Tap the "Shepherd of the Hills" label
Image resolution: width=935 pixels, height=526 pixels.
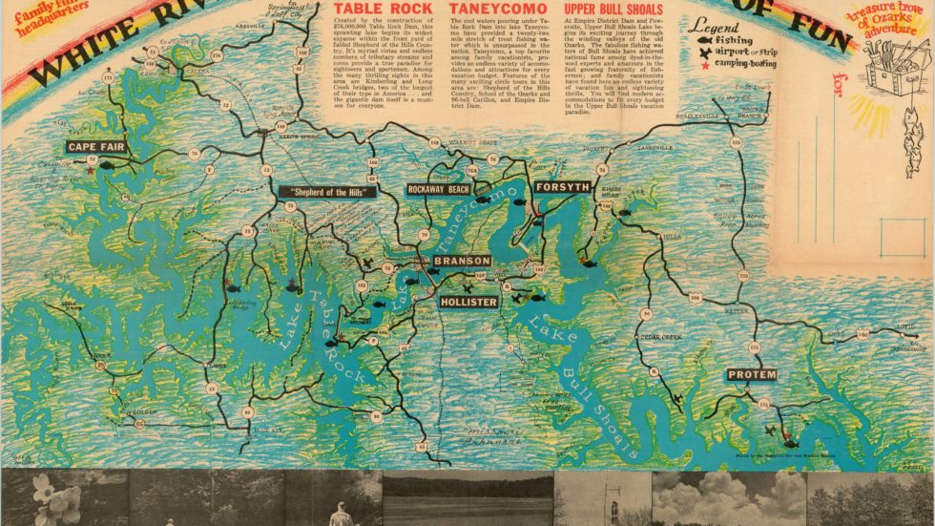(x=328, y=191)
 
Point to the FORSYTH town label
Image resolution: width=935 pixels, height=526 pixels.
(x=562, y=187)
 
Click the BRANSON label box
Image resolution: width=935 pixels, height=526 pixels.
(x=461, y=261)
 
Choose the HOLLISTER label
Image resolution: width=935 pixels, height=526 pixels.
(x=468, y=302)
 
